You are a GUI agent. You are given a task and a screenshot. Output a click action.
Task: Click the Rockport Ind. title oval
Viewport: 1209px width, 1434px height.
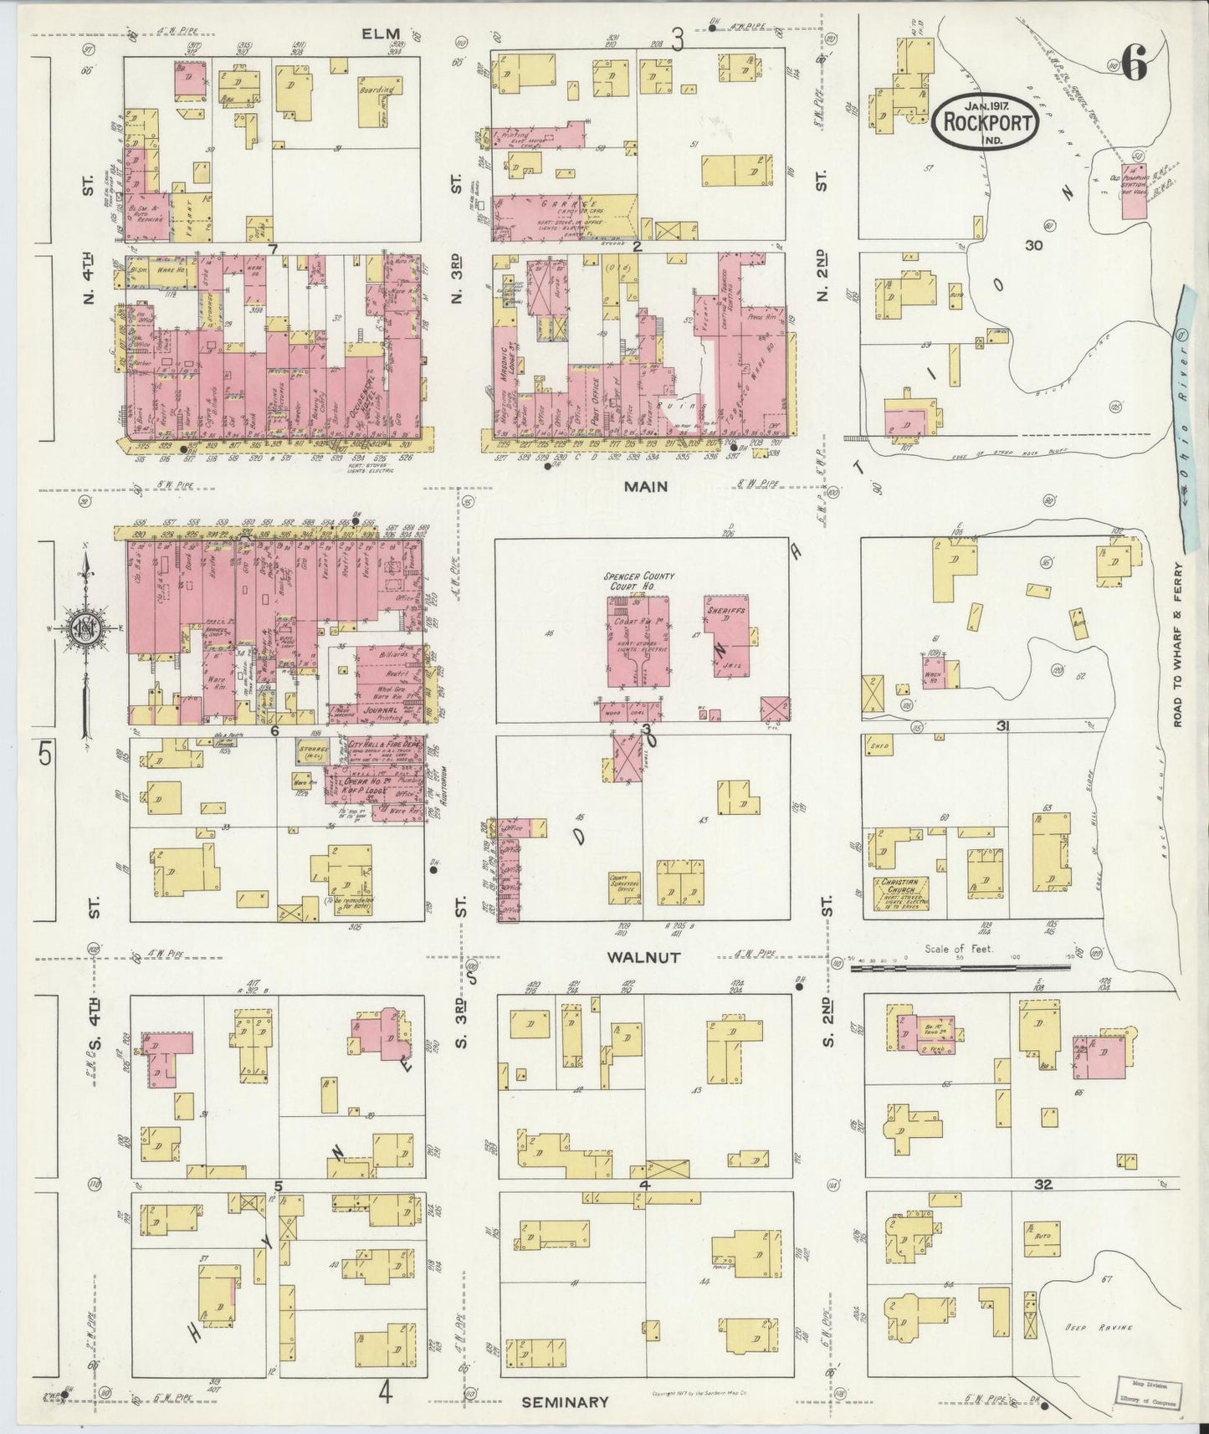click(986, 123)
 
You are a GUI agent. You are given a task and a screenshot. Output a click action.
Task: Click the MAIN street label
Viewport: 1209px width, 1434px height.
click(646, 485)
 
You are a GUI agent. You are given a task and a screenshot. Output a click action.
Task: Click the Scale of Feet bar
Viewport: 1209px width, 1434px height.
click(960, 968)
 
